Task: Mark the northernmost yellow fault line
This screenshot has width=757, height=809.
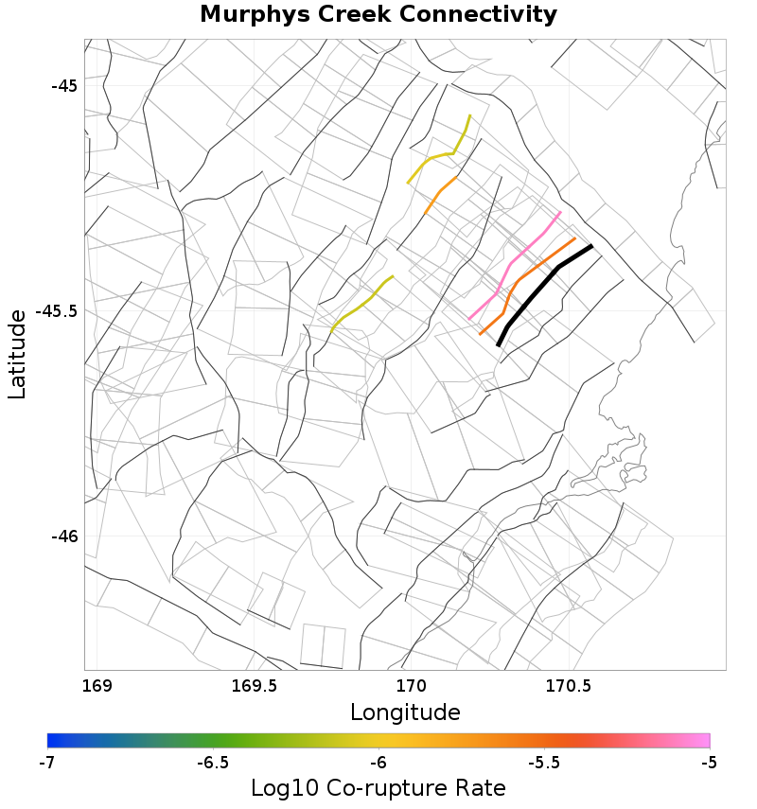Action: (438, 154)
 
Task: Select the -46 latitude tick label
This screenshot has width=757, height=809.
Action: (64, 536)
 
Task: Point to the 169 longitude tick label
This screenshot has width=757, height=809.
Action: (97, 684)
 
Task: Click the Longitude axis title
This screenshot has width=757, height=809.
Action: (405, 712)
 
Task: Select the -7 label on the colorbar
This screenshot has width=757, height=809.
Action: (47, 762)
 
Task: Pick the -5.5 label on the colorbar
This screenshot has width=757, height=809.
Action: (543, 762)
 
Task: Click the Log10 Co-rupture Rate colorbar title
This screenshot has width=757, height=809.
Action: (378, 787)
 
